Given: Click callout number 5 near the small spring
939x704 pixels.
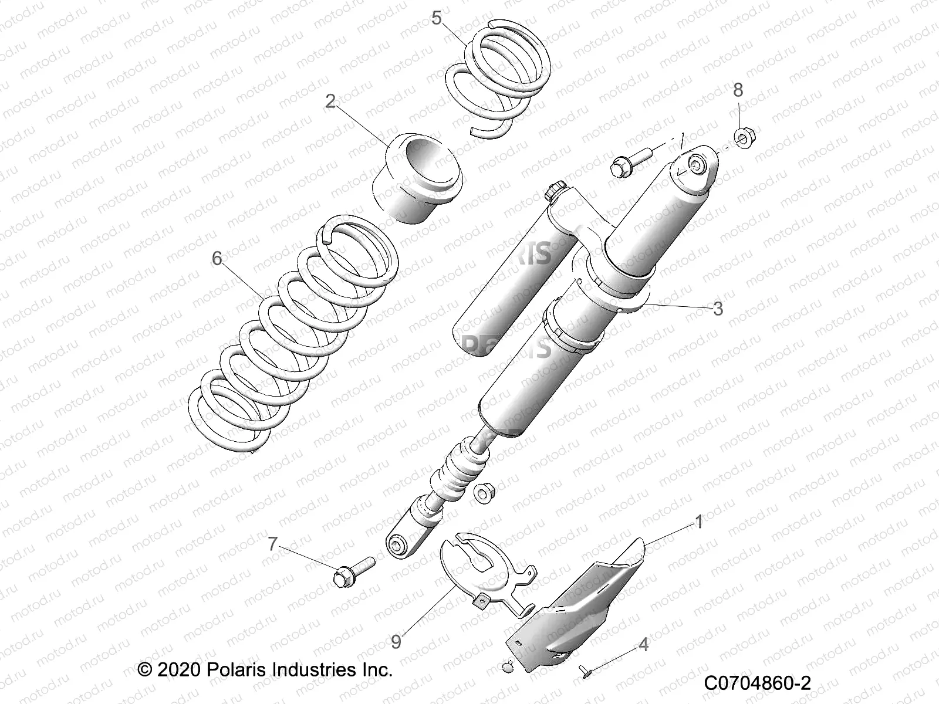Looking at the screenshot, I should tap(436, 18).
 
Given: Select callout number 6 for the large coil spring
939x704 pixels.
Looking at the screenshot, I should tap(217, 258).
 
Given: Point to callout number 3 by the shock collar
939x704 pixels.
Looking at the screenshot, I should tap(718, 309).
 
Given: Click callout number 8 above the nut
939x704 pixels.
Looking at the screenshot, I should tap(738, 90).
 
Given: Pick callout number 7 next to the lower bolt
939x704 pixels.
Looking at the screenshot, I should tap(272, 544).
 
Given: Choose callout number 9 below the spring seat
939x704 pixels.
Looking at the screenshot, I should tap(396, 642).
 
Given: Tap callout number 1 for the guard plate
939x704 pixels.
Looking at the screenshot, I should tap(698, 522).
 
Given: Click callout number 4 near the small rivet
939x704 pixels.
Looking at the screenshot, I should tap(644, 645).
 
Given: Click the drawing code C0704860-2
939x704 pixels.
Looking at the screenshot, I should tap(756, 683).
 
